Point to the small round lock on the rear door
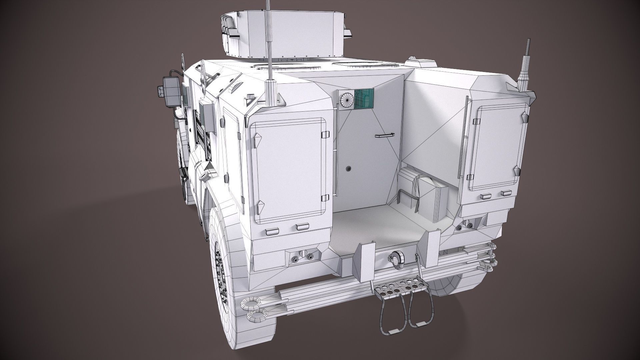[349, 168]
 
